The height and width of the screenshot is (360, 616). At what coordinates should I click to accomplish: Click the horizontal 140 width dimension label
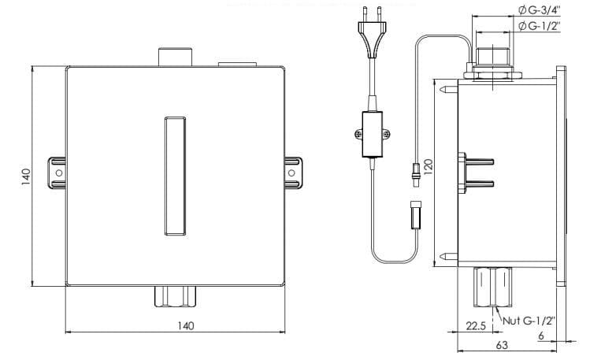(x=185, y=325)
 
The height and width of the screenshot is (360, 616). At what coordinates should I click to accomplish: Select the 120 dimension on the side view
(x=429, y=168)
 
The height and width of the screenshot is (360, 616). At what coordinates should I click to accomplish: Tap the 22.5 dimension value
(x=475, y=325)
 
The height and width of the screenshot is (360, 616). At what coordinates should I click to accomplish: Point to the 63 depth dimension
(x=501, y=345)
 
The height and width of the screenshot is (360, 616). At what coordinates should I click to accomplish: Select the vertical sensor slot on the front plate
(x=174, y=176)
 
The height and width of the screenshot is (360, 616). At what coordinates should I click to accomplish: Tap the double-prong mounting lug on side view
(x=477, y=173)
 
